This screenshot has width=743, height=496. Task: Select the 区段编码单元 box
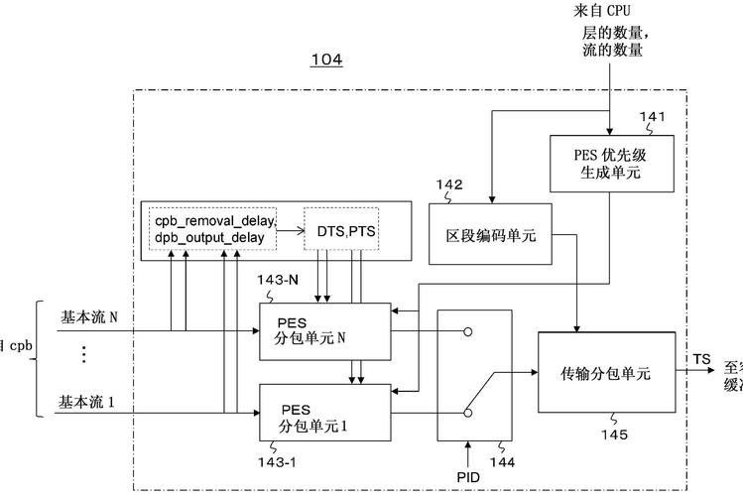pyautogui.click(x=491, y=234)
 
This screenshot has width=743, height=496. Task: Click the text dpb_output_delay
pyautogui.click(x=211, y=238)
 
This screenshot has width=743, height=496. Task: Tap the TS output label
pyautogui.click(x=702, y=357)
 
